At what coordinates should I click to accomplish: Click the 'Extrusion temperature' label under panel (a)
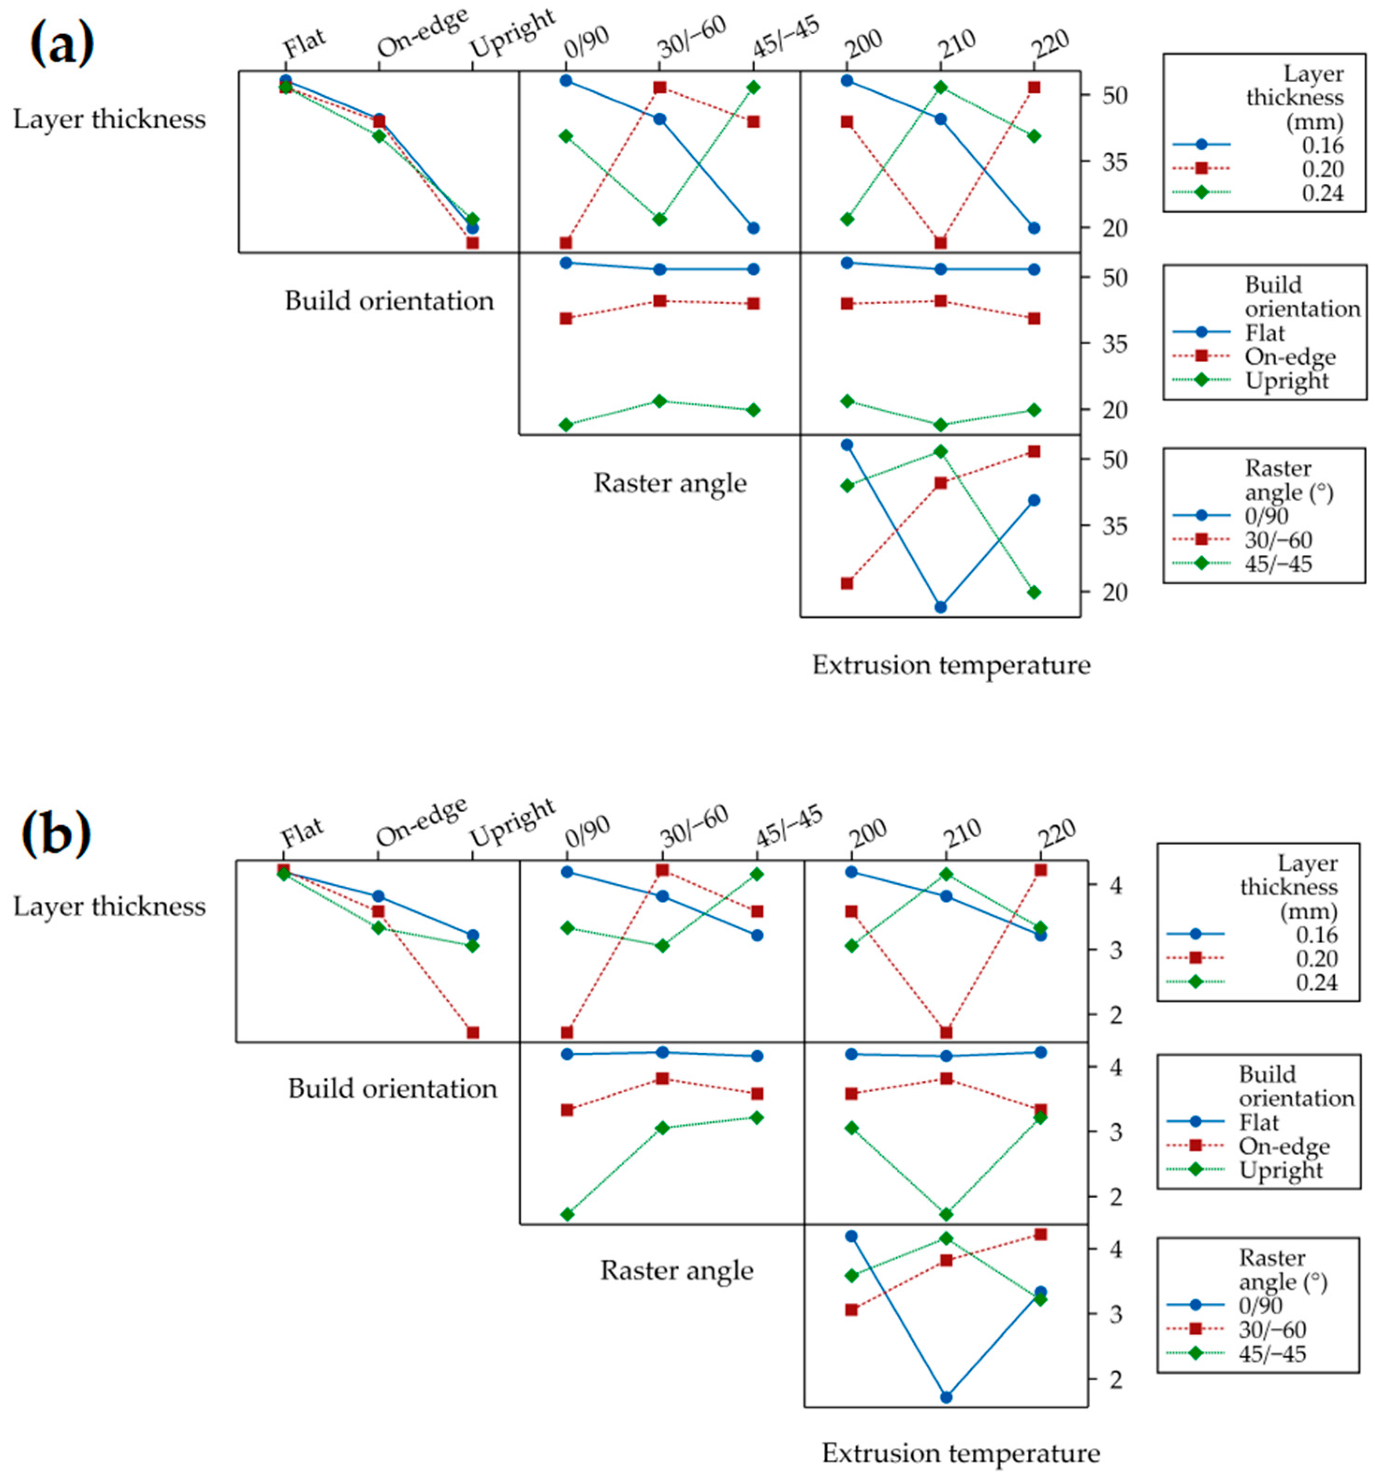point(951,664)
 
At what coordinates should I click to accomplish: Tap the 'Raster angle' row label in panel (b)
point(677,1269)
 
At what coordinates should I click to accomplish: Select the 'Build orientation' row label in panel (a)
point(389,301)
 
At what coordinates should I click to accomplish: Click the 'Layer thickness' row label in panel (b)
point(109,906)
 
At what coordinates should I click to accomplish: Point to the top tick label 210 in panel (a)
point(957,43)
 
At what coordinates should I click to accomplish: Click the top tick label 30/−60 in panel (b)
point(694,826)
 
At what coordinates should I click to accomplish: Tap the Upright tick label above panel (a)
point(513,34)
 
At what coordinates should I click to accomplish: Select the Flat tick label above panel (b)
point(301,832)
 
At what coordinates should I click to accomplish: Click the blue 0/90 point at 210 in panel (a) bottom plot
point(940,606)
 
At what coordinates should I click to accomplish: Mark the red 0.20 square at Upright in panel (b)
point(473,1032)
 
